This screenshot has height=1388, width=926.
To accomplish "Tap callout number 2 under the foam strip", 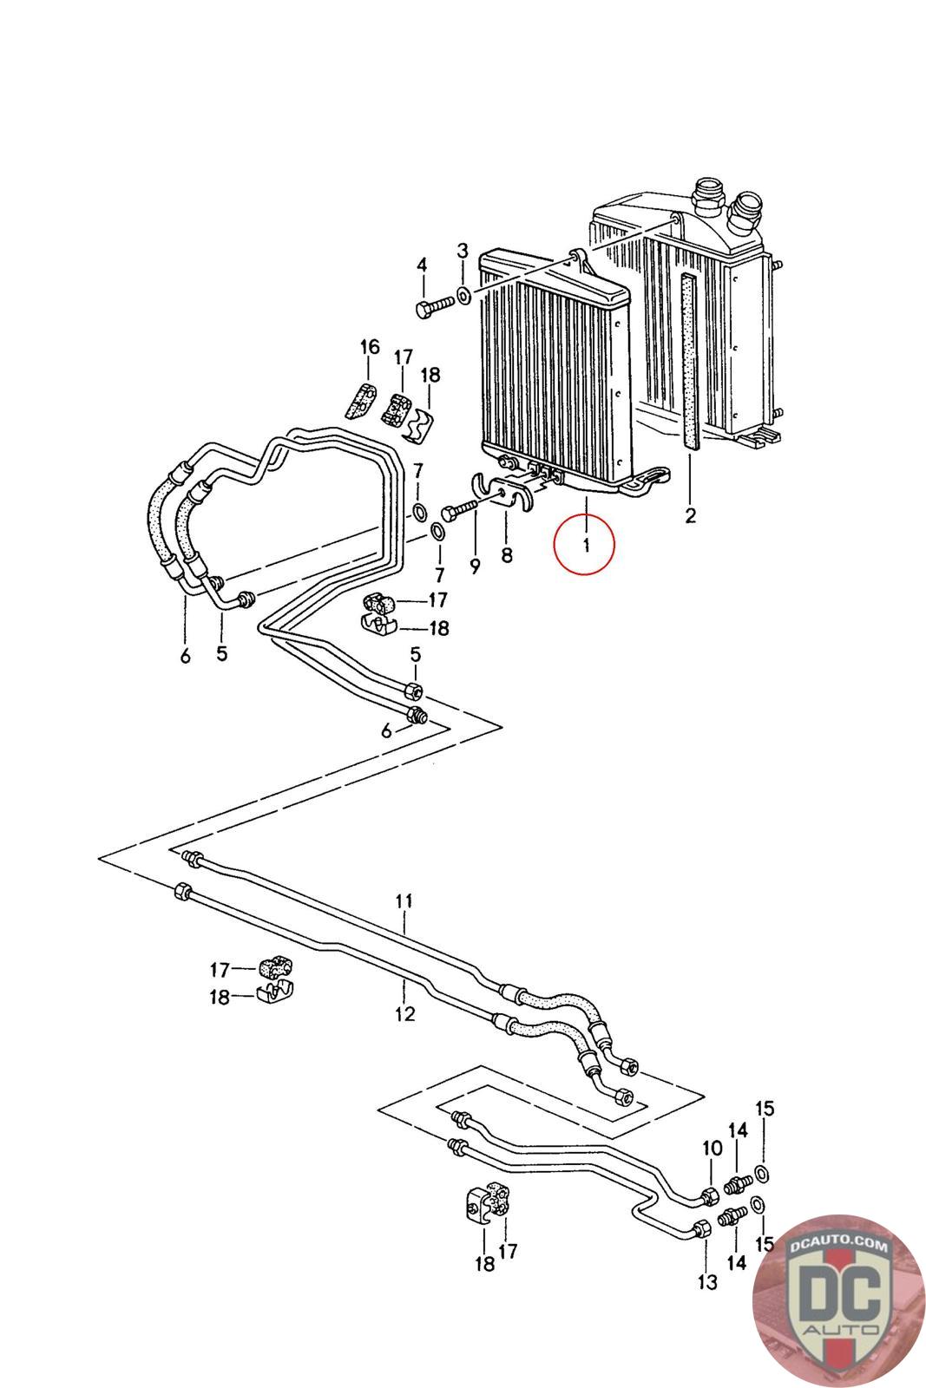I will pos(690,516).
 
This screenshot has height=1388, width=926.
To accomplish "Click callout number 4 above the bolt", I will pos(422,265).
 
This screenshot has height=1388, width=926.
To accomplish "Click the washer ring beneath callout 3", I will pos(463,297).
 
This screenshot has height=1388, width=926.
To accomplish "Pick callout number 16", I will pos(370,348).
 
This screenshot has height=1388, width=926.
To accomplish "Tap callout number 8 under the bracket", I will pos(506,553).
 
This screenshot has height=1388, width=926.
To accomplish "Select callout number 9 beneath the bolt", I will pos(475,566).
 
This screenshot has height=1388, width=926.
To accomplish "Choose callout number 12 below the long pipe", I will pos(404,1013).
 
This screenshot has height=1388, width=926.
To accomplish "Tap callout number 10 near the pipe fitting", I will pos(712,1149).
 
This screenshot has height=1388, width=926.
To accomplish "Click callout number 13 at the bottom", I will pos(707,1281).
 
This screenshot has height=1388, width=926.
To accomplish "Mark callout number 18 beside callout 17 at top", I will pos(430,376).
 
